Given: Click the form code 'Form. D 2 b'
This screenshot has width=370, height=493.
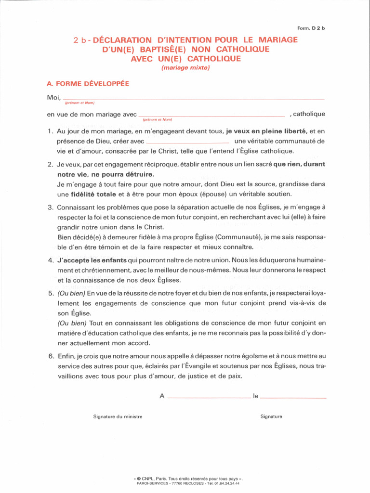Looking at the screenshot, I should [311, 28].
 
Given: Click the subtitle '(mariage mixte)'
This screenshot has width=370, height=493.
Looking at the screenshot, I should [185, 68].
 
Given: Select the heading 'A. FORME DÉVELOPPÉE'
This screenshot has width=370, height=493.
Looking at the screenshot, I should [88, 83].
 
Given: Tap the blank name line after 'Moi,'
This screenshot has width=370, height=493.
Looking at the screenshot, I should [193, 99].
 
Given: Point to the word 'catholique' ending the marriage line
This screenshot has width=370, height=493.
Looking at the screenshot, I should [309, 114].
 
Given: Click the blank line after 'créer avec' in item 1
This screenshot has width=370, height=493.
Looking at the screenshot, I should [187, 143].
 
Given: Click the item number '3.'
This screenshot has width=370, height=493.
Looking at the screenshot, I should [50, 208].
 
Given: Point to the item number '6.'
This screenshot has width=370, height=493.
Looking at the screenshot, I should [50, 356].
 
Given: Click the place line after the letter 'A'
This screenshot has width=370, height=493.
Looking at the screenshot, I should [209, 398].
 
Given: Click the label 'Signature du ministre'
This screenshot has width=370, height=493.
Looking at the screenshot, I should [118, 416].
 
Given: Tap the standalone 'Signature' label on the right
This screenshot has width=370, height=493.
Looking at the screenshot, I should [271, 416].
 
